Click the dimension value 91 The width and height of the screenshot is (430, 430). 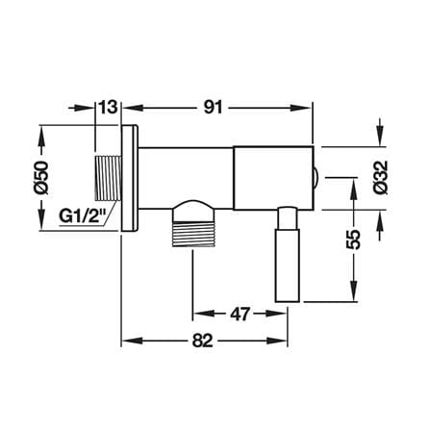[213, 108]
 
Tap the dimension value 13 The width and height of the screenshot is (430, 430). [108, 108]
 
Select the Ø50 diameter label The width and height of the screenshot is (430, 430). [41, 178]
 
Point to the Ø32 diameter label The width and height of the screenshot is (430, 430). [381, 178]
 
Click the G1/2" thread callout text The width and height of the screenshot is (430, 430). [83, 216]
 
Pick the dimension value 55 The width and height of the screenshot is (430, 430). [354, 240]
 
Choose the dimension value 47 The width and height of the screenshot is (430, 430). [240, 315]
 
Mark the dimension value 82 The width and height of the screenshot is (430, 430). [203, 341]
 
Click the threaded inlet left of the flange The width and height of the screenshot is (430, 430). [108, 178]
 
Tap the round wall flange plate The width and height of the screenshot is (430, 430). [130, 178]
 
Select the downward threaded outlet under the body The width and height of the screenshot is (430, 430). [193, 234]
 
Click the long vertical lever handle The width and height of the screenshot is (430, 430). [288, 266]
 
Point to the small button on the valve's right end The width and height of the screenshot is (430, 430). [316, 178]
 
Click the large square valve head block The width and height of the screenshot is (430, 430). [273, 178]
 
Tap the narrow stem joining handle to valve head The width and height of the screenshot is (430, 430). [287, 218]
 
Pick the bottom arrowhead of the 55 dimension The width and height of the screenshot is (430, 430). [354, 291]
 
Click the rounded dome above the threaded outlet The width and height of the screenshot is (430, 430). [193, 211]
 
